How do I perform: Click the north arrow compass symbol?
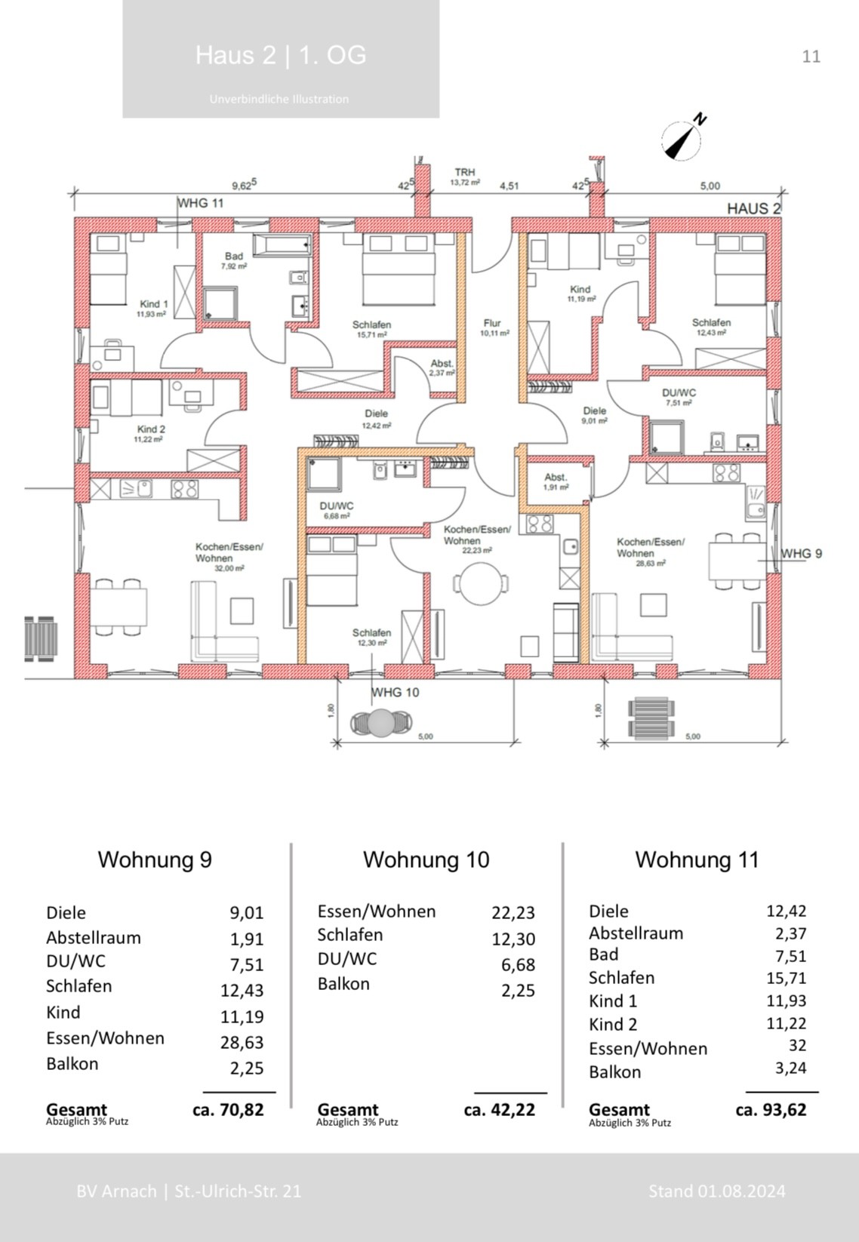point(682,140)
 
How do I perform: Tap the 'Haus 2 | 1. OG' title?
point(281,55)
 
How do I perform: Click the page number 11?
point(811,57)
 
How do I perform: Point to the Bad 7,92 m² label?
point(234,261)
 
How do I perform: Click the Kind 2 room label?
point(151,433)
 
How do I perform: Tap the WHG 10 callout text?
point(395,692)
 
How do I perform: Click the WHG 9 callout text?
point(801,554)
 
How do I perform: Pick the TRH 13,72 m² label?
point(465,177)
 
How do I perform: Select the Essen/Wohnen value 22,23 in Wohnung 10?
point(513,912)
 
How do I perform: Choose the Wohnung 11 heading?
point(696,859)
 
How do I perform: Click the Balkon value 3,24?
point(790,1068)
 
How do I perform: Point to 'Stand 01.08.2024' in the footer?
point(716,1191)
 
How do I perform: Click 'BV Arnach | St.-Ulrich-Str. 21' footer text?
point(189,1191)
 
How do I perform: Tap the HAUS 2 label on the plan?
point(753,209)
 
